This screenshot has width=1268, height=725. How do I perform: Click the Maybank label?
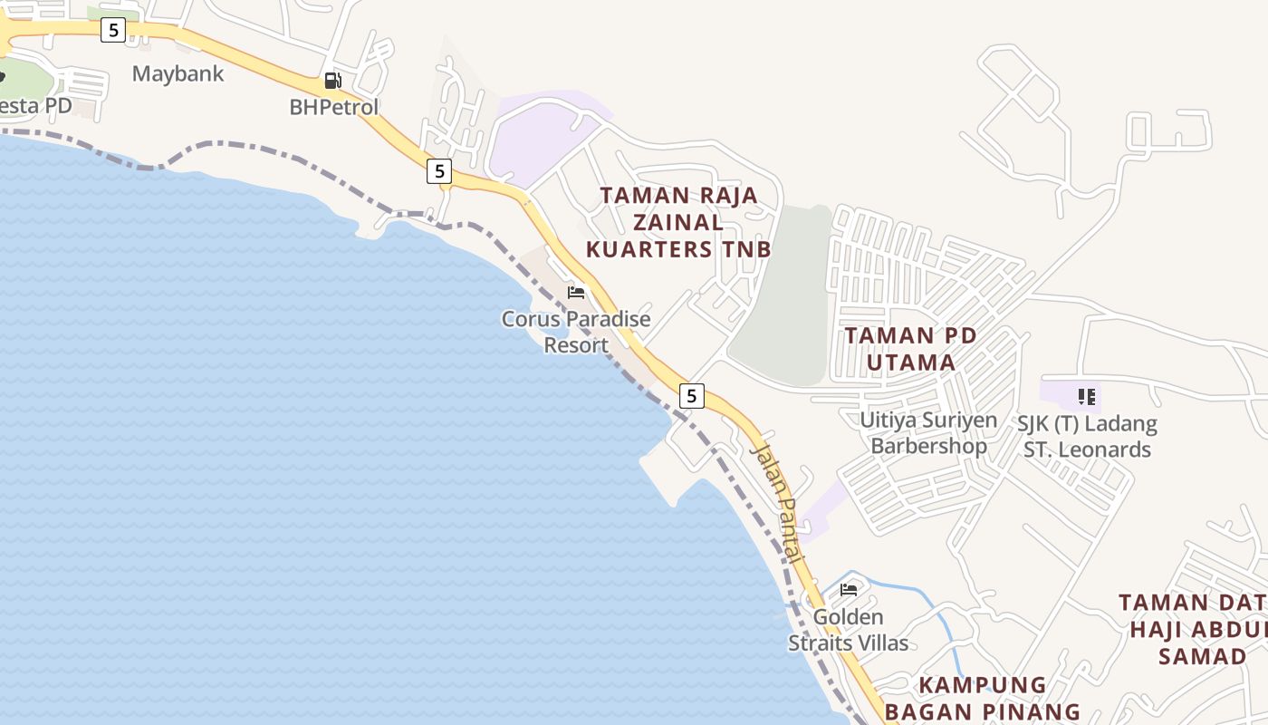click(x=178, y=73)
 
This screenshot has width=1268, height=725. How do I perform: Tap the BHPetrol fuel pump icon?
click(x=333, y=81)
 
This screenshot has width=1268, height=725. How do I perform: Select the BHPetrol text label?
click(x=333, y=107)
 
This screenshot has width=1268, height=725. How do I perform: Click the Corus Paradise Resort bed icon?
click(x=576, y=292)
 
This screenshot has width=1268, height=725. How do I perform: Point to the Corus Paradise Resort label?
click(x=576, y=332)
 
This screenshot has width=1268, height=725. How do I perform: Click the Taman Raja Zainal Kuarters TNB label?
click(x=678, y=222)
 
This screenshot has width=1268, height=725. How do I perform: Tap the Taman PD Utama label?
click(x=910, y=349)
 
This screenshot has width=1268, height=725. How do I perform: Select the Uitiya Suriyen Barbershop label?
click(x=928, y=432)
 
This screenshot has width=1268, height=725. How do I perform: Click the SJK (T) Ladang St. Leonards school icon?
click(x=1087, y=396)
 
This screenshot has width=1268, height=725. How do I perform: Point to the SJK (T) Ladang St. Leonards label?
click(x=1087, y=436)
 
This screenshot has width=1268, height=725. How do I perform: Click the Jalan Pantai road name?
click(x=777, y=503)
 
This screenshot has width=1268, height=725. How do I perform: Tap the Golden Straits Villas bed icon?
click(x=849, y=590)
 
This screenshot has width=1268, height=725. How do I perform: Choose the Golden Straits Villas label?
click(x=848, y=630)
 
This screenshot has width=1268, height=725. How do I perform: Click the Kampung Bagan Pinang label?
click(x=982, y=698)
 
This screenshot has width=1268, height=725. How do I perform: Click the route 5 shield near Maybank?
click(x=112, y=30)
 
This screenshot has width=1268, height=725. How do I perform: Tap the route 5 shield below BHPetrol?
click(x=439, y=170)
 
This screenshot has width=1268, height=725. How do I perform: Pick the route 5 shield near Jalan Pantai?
click(x=692, y=395)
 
